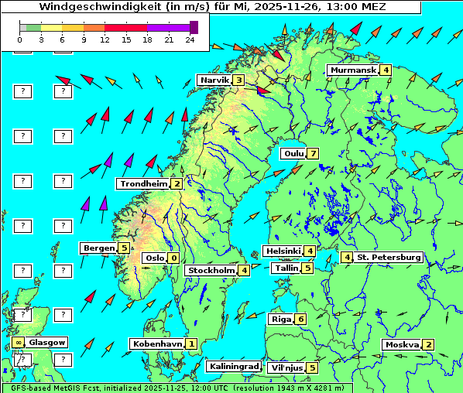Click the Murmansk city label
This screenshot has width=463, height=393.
(x=353, y=70)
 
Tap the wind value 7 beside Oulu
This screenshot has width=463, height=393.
(x=313, y=153)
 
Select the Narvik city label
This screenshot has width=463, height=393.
(x=214, y=80)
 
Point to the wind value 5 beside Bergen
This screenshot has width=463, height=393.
(x=124, y=248)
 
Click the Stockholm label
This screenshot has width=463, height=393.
(x=211, y=270)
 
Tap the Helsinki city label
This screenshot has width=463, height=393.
(x=283, y=251)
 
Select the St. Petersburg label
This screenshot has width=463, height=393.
(x=389, y=257)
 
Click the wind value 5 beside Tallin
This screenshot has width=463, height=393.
(x=307, y=268)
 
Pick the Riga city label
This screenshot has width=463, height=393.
(x=280, y=319)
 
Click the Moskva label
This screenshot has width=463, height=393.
(x=402, y=344)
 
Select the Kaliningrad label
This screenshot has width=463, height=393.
(x=233, y=366)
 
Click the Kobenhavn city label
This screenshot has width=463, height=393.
(x=157, y=343)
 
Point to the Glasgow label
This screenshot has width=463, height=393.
(x=47, y=342)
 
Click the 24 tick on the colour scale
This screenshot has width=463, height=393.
(x=190, y=39)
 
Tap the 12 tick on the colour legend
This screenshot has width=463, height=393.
(x=105, y=39)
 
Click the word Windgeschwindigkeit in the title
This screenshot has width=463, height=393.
(x=89, y=6)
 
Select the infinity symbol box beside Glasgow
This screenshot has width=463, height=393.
(x=17, y=342)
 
